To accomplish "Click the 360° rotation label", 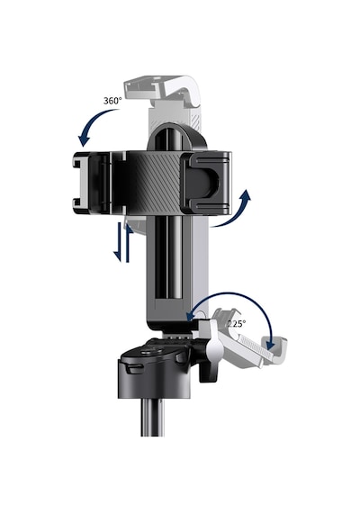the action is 112,101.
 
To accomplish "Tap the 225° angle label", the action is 237,324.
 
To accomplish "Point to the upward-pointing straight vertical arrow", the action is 129,243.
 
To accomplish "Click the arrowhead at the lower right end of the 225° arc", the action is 270,344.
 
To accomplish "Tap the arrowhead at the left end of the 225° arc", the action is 192,315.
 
